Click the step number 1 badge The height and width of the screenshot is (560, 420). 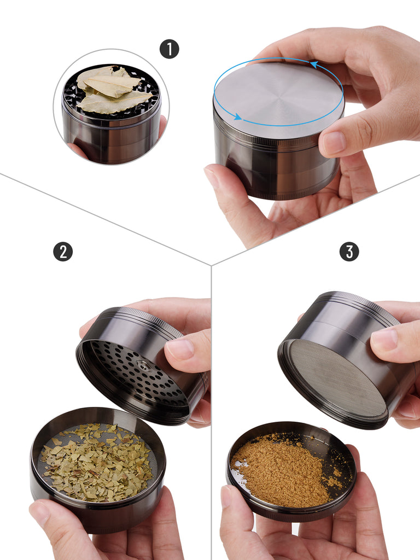tap(170, 49)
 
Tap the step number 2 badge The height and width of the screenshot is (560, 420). tap(63, 252)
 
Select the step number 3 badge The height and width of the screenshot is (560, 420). tap(349, 252)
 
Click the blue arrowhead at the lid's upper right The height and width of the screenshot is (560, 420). tap(314, 65)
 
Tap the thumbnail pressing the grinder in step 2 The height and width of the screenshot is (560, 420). tap(180, 349)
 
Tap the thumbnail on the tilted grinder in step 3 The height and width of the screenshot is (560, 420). tap(384, 339)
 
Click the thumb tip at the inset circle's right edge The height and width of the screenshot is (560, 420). tap(162, 126)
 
